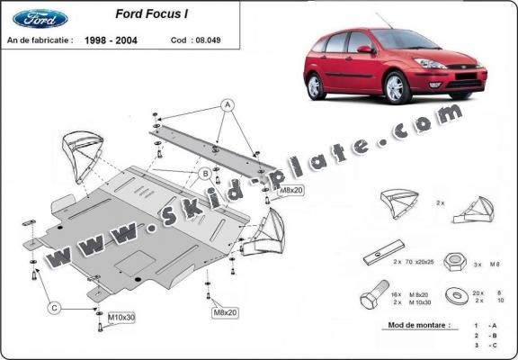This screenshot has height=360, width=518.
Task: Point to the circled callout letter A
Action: tap(228, 103)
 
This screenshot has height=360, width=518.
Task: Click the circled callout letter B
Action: tap(205, 173)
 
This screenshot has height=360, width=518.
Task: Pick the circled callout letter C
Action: tap(54, 309)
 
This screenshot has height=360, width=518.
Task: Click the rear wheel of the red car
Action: tap(315, 86)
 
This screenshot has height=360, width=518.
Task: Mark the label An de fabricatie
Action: tap(39, 40)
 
